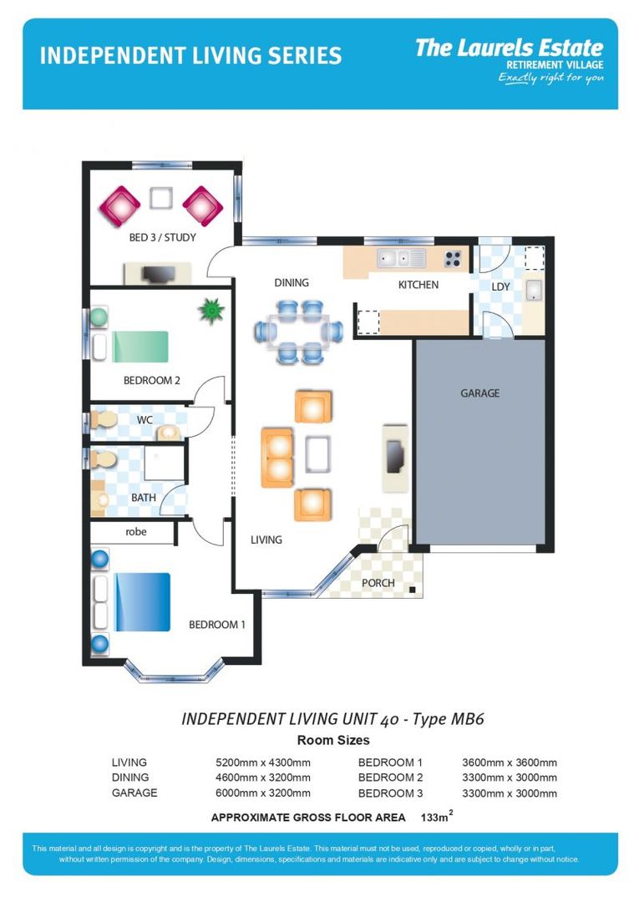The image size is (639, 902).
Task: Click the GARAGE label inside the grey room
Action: click(x=479, y=393)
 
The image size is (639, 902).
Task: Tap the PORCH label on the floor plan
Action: click(x=378, y=582)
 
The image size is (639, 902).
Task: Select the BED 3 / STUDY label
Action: click(x=162, y=237)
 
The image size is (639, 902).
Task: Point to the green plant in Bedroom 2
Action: click(x=212, y=312)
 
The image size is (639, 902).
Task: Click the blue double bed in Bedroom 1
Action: click(x=142, y=601)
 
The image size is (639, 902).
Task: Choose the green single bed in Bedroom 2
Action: click(x=139, y=346)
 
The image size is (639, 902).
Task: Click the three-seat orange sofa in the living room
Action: click(x=276, y=457)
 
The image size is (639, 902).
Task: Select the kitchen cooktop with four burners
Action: click(x=454, y=258)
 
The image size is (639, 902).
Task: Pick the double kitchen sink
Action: click(x=401, y=257)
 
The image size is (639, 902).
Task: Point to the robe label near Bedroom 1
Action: click(x=136, y=531)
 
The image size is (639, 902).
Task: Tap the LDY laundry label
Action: click(x=500, y=286)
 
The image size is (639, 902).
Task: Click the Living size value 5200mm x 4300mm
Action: click(x=263, y=763)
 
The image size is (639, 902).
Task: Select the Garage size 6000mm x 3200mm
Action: click(x=263, y=793)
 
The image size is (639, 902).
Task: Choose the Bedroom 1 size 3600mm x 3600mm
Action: click(x=510, y=763)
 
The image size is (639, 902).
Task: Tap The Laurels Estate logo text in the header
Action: click(x=509, y=48)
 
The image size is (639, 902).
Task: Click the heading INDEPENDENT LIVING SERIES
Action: click(x=190, y=56)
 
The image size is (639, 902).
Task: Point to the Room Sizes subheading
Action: click(x=333, y=740)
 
